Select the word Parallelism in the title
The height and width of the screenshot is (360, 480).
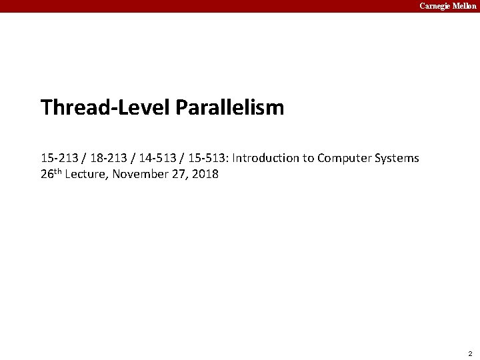[x=230, y=107]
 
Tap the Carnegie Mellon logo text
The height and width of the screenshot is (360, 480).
[x=448, y=6]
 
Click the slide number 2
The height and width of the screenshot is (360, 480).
[x=471, y=353]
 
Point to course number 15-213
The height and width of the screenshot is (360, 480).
[x=58, y=158]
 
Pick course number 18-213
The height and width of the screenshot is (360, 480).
[x=107, y=158]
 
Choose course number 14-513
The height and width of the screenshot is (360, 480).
[x=157, y=158]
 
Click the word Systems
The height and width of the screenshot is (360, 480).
[x=399, y=158]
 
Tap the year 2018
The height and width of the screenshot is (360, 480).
[x=204, y=175]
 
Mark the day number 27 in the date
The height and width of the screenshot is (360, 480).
[x=178, y=175]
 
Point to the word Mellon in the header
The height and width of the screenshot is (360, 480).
[x=464, y=6]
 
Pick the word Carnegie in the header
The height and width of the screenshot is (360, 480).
[x=435, y=6]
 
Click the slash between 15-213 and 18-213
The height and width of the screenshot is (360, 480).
[x=83, y=158]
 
